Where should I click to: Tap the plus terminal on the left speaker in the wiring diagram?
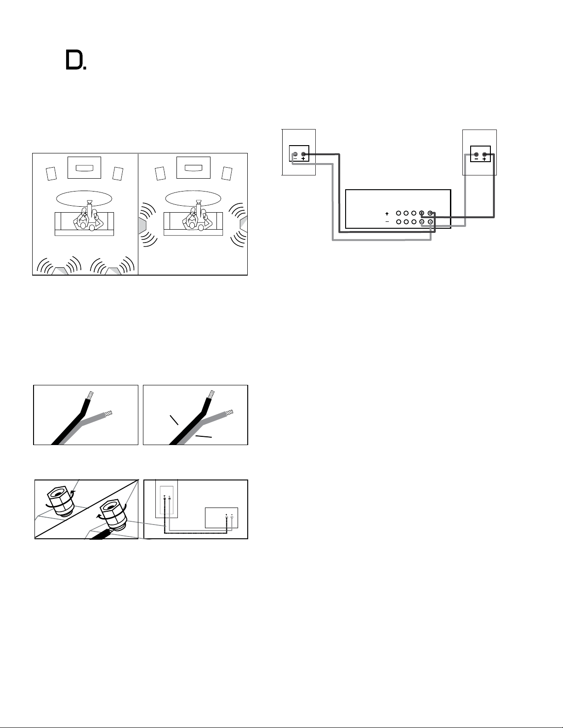click(x=303, y=154)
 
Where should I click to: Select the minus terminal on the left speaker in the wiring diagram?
click(x=295, y=154)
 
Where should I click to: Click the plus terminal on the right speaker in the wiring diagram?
click(x=484, y=155)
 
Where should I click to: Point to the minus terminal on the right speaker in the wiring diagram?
click(x=476, y=155)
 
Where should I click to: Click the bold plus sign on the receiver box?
click(x=387, y=214)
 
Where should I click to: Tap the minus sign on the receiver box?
click(x=387, y=221)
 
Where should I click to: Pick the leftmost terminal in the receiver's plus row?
click(x=398, y=213)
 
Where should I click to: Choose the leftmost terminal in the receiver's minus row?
click(x=398, y=221)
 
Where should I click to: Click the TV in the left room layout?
click(x=84, y=168)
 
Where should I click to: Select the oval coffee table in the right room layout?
click(x=193, y=198)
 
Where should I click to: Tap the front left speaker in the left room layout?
click(x=51, y=174)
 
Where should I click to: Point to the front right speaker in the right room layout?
click(x=227, y=174)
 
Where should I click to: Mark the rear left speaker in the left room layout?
click(x=60, y=271)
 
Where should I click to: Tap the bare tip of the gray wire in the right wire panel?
click(x=229, y=412)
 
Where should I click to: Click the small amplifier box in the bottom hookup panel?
click(x=222, y=518)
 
